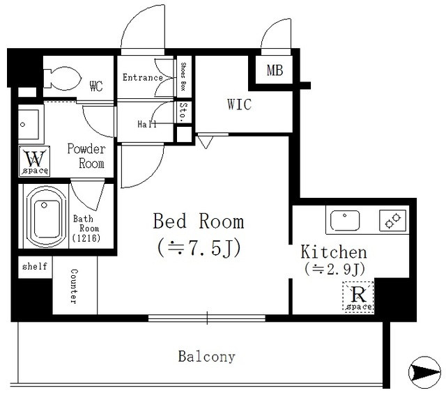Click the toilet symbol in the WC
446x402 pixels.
[62, 77]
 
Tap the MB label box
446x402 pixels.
[274, 70]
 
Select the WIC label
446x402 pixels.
[239, 104]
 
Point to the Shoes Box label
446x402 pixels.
[183, 77]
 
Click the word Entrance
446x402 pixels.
[142, 77]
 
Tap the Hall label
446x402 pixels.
[147, 124]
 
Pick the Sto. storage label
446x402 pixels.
[183, 111]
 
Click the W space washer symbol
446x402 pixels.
[34, 161]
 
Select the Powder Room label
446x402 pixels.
[86, 156]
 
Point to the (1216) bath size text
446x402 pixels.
[86, 238]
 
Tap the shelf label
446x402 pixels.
[35, 266]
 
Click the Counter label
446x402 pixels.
[74, 286]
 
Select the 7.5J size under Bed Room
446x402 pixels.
[199, 247]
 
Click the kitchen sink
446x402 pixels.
[345, 220]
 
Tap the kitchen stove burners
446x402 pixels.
[393, 221]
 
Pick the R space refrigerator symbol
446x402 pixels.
[358, 297]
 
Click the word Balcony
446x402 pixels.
[207, 357]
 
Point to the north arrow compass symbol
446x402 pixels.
[424, 372]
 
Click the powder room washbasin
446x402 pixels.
[29, 125]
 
